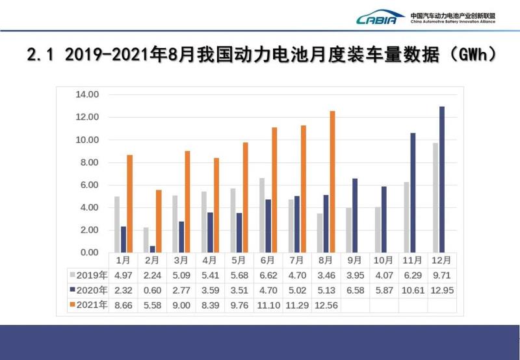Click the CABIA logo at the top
(x=380, y=18)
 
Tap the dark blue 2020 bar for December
(x=442, y=179)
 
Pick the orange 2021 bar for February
(x=158, y=221)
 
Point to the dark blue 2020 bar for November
(x=413, y=192)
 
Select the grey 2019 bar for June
(x=262, y=215)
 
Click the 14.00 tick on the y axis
(x=87, y=95)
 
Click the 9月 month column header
(x=354, y=261)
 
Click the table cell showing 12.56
(x=325, y=304)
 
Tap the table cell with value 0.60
(x=151, y=289)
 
